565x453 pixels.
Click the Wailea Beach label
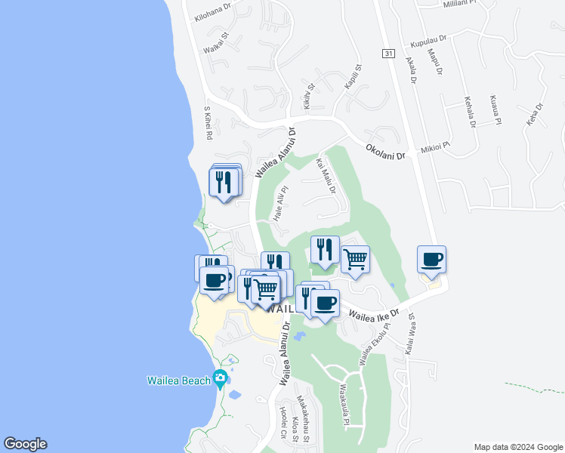[x=178, y=381]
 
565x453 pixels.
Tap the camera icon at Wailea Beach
[x=221, y=377]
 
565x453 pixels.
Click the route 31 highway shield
[x=388, y=53]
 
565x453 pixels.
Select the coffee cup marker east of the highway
[x=431, y=260]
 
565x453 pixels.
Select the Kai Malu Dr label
[x=326, y=176]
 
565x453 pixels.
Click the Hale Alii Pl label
[x=280, y=204]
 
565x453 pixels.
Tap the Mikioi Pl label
[x=435, y=146]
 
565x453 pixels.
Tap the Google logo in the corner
[x=25, y=444]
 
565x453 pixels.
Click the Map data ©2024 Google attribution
[x=517, y=447]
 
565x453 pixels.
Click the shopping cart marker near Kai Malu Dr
[x=355, y=260]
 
